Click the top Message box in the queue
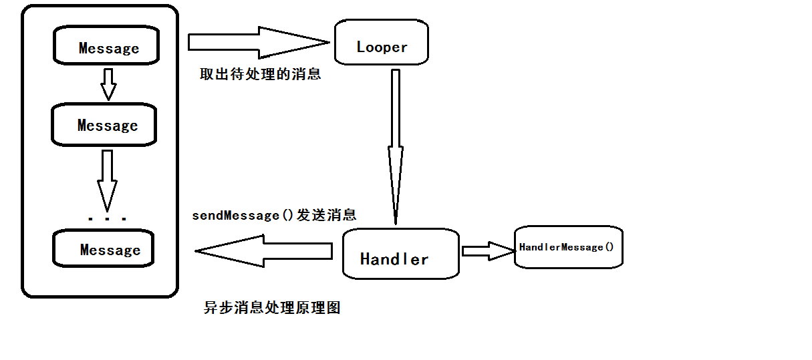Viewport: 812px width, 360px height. [107, 47]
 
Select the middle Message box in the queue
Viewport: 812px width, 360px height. [104, 125]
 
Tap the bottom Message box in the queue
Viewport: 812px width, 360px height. [104, 249]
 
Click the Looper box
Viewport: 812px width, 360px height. [381, 43]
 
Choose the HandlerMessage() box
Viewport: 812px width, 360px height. [568, 247]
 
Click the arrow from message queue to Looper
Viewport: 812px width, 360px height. [258, 42]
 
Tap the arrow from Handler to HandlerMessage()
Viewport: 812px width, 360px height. [487, 250]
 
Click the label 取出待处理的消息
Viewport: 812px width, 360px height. [260, 73]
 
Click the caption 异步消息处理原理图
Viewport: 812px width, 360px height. [272, 308]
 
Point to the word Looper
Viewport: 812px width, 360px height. [382, 47]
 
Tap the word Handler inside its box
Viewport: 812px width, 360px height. [394, 259]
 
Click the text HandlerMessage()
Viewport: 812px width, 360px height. [566, 247]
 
